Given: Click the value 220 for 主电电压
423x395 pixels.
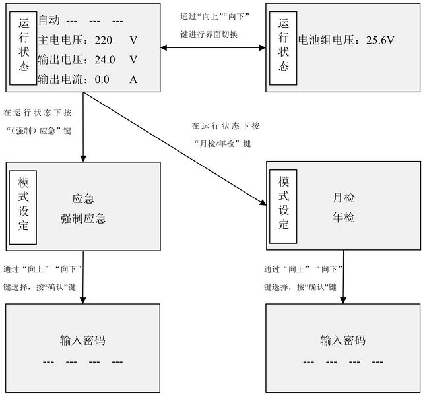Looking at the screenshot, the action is tap(104, 40).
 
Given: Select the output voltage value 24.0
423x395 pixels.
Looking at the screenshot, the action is tap(105, 60).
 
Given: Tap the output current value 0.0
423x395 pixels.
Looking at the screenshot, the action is tap(102, 80).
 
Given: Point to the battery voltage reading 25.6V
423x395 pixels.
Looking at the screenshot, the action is tap(380, 40).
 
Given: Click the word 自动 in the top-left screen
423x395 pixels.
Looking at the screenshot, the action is tap(49, 20).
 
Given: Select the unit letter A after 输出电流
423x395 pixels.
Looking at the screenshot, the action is tap(133, 80).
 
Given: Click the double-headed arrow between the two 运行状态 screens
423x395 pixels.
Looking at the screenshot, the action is tap(213, 48).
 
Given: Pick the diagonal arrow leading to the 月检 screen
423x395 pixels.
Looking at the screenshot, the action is tap(175, 149).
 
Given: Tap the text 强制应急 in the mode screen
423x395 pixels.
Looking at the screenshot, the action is tap(83, 218).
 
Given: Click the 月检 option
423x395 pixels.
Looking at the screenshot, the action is tap(343, 198).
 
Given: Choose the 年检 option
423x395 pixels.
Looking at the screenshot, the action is tap(343, 218).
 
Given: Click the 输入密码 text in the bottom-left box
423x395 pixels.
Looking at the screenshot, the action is tap(82, 340).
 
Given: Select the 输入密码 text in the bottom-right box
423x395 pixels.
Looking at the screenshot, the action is tap(343, 340).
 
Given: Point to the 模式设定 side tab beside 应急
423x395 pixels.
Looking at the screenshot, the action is tap(23, 207).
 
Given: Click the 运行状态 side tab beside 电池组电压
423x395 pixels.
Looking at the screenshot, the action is tap(283, 48).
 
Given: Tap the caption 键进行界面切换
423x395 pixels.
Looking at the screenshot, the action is tap(209, 34).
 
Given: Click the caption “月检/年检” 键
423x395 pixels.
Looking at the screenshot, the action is tap(223, 144).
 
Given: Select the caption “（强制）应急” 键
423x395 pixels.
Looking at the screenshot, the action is tap(39, 131).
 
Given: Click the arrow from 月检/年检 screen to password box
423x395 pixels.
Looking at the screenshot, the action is tap(343, 277).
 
